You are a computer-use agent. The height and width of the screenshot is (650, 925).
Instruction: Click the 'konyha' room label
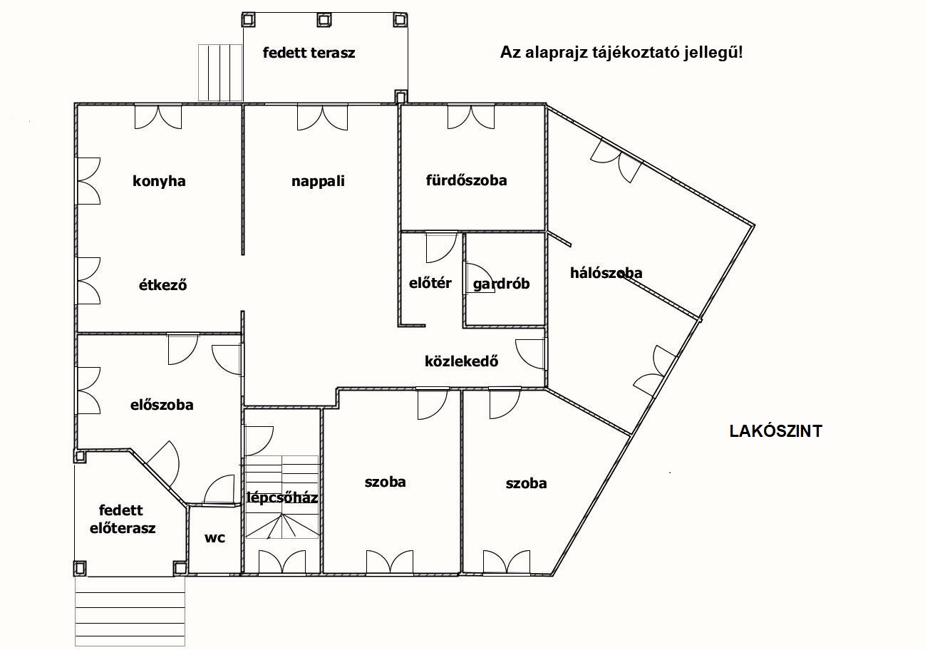[159, 181]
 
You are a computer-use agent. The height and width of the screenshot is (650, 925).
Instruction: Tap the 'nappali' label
[318, 181]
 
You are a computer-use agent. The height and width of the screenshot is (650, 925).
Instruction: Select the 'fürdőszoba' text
[466, 180]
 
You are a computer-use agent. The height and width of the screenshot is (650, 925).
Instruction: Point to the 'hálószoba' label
[606, 272]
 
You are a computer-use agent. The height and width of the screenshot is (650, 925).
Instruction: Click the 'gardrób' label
[501, 284]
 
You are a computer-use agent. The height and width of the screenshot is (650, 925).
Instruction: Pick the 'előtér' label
[430, 283]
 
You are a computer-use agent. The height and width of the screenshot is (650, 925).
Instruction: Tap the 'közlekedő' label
[461, 361]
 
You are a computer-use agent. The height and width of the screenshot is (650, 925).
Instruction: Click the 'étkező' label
[162, 284]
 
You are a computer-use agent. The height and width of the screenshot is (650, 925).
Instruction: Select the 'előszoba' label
[162, 405]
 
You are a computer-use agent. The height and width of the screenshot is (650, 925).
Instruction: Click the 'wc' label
[215, 537]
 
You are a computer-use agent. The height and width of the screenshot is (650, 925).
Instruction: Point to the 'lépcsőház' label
[282, 497]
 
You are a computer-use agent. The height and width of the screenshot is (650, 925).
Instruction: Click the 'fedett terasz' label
[309, 53]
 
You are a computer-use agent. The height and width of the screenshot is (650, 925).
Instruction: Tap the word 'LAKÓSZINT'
[776, 431]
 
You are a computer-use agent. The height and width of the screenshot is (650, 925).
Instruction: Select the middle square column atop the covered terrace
[324, 19]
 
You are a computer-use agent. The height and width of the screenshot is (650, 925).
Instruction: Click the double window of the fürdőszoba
[471, 117]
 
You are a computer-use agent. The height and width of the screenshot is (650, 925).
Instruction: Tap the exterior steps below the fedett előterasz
[130, 612]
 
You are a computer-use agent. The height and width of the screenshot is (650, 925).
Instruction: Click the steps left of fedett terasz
[220, 72]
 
